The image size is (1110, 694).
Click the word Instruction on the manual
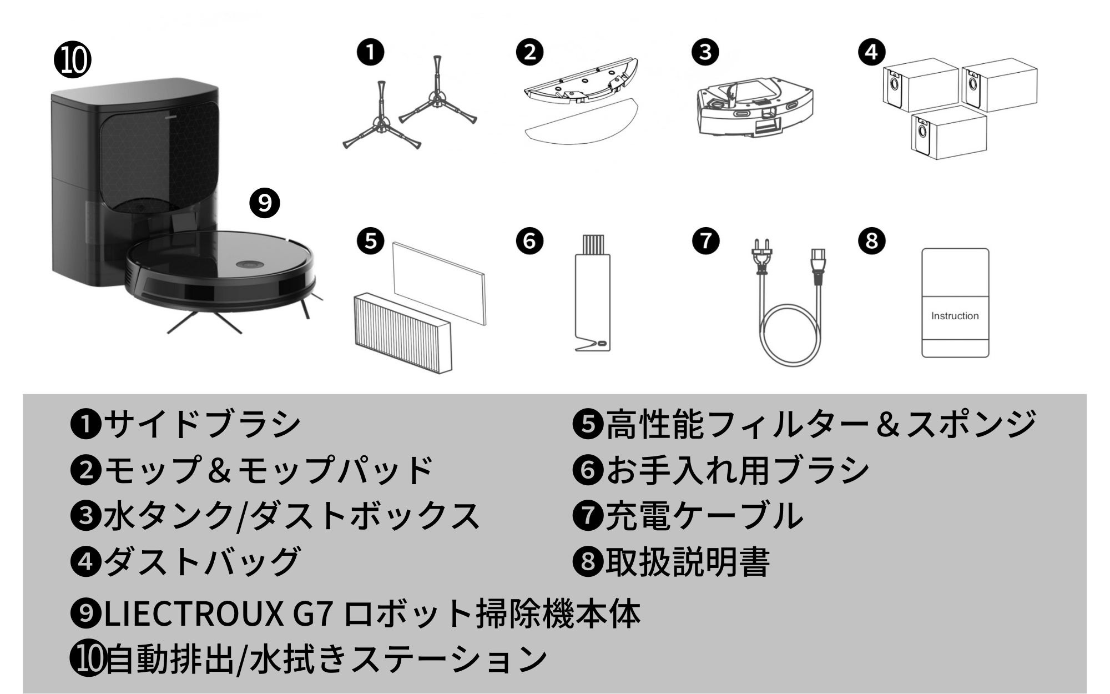[x=955, y=316]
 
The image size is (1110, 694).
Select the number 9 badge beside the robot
[x=265, y=203]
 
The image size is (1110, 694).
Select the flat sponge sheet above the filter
[x=438, y=283]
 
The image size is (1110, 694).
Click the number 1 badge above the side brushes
[x=371, y=52]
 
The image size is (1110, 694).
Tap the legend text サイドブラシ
[x=202, y=423]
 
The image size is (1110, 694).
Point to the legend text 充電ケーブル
[x=704, y=515]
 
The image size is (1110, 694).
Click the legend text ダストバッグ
[x=202, y=561]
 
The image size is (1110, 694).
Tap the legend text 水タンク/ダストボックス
[x=291, y=515]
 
